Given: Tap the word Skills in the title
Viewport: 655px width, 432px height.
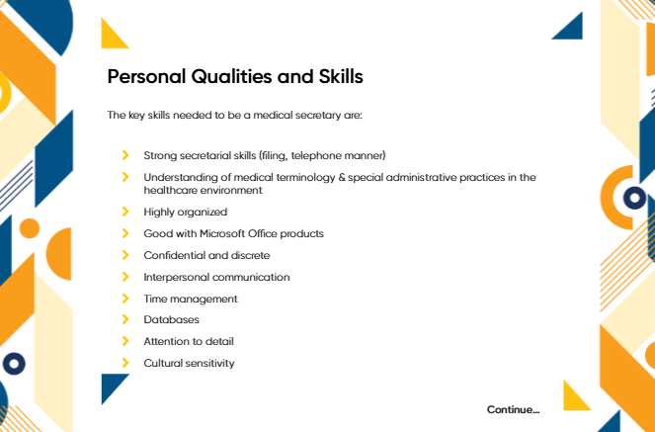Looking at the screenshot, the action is coord(341,76).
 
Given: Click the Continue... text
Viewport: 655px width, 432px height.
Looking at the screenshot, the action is coord(513,409).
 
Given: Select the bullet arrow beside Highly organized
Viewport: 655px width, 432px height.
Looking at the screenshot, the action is coord(125,212).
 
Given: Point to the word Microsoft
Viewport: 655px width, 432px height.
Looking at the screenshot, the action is coord(222,233).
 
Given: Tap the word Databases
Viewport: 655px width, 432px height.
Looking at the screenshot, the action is coord(171,319).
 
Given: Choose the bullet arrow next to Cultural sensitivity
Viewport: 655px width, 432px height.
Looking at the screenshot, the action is coord(125,363).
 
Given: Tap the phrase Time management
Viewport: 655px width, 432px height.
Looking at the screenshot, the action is coord(191,300).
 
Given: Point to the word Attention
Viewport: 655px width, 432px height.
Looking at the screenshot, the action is coord(164,341).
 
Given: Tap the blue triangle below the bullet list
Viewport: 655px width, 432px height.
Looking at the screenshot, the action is coord(111,385).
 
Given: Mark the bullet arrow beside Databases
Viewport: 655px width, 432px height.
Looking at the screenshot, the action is coord(125,319).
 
